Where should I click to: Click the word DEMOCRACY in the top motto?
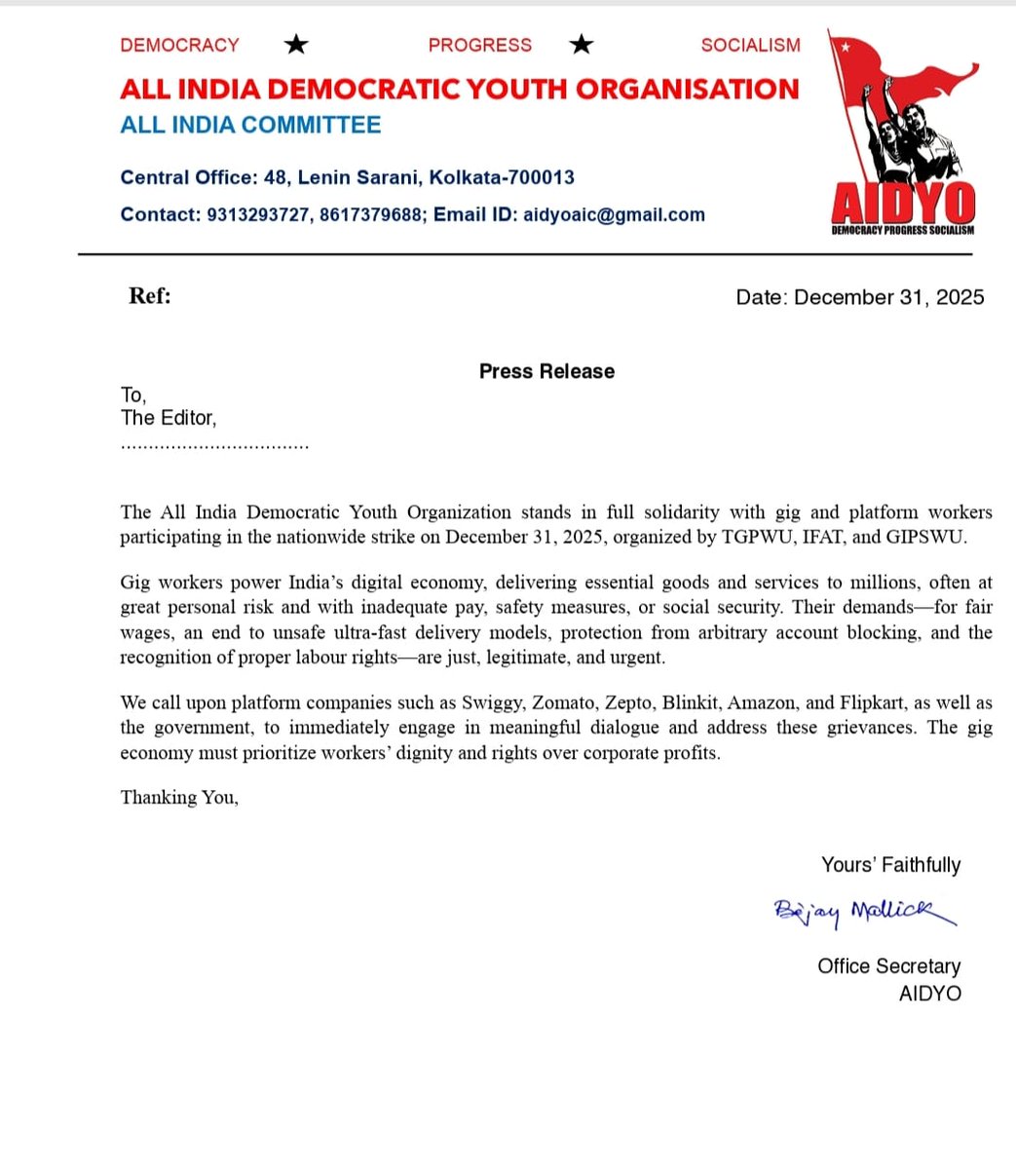[x=179, y=45]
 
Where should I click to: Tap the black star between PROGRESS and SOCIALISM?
[x=582, y=44]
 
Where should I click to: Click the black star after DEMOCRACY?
[x=295, y=44]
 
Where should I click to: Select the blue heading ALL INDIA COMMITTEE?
[x=250, y=125]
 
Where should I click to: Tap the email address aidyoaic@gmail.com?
[x=614, y=214]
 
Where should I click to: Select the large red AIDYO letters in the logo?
[x=902, y=203]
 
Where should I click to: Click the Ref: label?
[x=150, y=296]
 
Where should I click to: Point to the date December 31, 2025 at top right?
[x=888, y=297]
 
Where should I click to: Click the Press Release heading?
[x=546, y=371]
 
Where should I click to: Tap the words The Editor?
[x=169, y=418]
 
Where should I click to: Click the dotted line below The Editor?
[x=214, y=446]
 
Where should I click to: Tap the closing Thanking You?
[x=179, y=797]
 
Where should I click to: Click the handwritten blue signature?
[x=862, y=912]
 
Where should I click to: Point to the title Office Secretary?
[x=888, y=965]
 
